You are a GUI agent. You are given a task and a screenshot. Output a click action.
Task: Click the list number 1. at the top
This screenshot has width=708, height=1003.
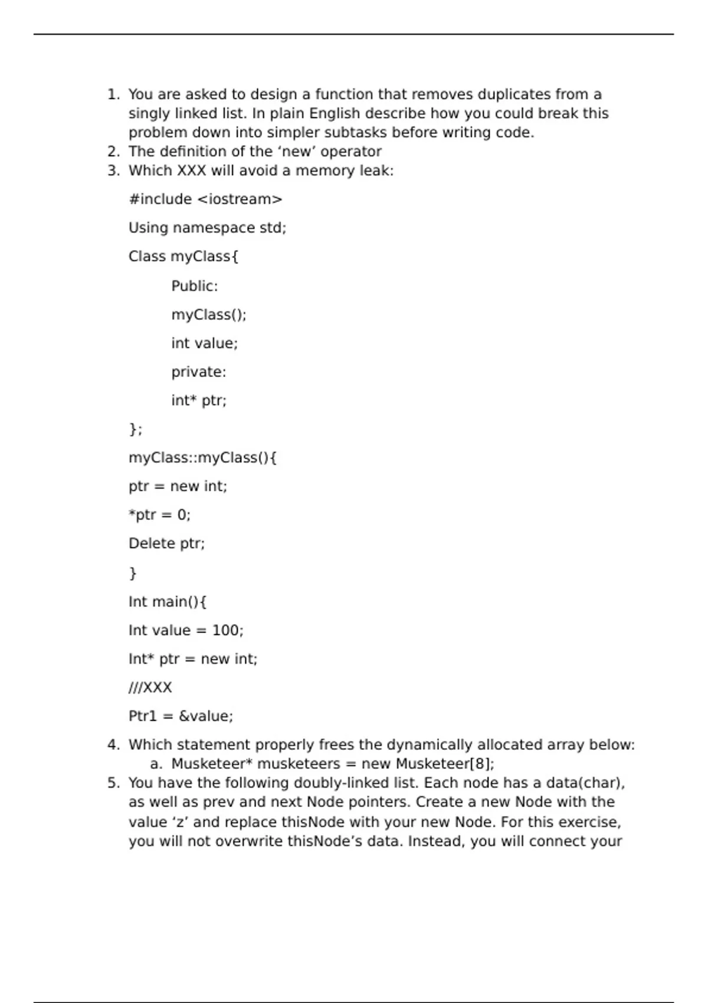pyautogui.click(x=113, y=94)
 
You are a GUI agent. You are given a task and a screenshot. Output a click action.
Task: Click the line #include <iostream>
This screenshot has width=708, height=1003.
pyautogui.click(x=205, y=199)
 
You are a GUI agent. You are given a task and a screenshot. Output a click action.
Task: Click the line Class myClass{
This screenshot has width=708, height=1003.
pyautogui.click(x=183, y=257)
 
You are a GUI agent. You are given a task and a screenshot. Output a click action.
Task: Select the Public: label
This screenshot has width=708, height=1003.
pyautogui.click(x=194, y=286)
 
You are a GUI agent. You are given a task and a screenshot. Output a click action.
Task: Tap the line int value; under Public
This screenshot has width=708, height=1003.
pyautogui.click(x=204, y=343)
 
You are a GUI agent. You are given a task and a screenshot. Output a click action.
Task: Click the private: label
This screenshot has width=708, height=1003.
pyautogui.click(x=198, y=372)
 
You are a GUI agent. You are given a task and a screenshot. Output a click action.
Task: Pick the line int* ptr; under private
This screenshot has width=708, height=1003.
pyautogui.click(x=198, y=401)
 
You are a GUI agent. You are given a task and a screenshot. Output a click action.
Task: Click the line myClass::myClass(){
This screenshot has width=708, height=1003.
pyautogui.click(x=202, y=458)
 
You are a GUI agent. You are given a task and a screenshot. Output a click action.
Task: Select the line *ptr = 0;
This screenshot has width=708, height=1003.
pyautogui.click(x=159, y=515)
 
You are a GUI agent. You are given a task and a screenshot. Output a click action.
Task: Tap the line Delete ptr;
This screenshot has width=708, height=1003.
pyautogui.click(x=166, y=543)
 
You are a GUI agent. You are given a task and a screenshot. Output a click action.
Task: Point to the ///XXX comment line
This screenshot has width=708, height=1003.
pyautogui.click(x=150, y=688)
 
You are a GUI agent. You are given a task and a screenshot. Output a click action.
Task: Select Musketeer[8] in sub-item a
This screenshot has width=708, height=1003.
pyautogui.click(x=443, y=764)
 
